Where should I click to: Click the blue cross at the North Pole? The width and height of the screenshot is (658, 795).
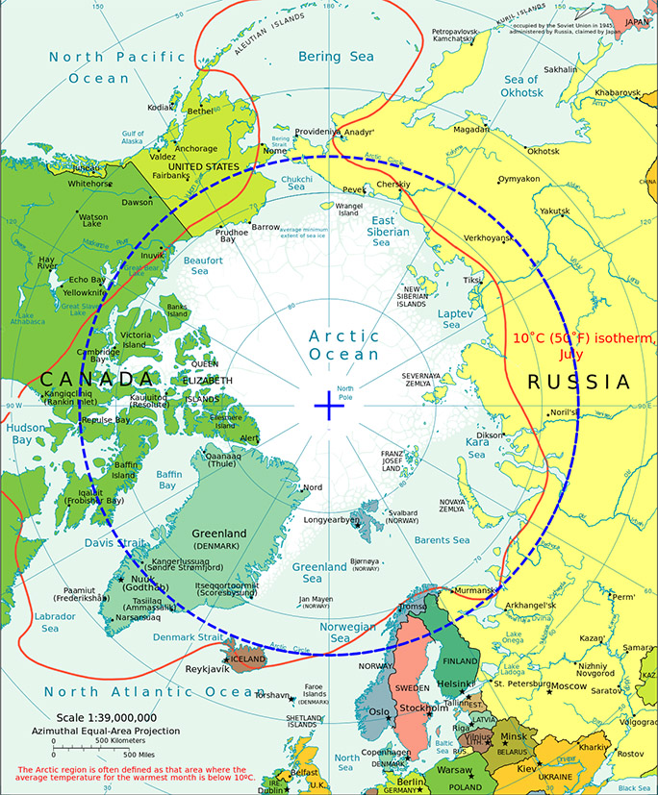pos(329,407)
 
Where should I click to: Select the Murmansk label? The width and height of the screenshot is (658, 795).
pos(474,589)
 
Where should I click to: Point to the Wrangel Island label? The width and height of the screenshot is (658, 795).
pos(348,209)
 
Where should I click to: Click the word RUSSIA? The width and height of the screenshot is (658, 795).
pos(579,382)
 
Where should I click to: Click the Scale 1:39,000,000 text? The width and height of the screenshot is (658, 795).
pos(105,717)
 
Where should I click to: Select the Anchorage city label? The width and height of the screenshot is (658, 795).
pos(196,149)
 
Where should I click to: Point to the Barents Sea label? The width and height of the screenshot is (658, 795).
pos(442,540)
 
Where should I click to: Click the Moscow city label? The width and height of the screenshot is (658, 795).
pos(568,685)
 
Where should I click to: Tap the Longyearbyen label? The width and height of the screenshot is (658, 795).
pos(331,520)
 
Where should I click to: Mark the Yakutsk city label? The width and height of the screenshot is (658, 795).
pos(556,211)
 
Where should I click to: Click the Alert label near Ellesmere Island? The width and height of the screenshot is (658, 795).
pos(249,438)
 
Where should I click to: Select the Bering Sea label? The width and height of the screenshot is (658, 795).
pos(335,57)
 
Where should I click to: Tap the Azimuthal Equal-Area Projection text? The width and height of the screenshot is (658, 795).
pos(106,732)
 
